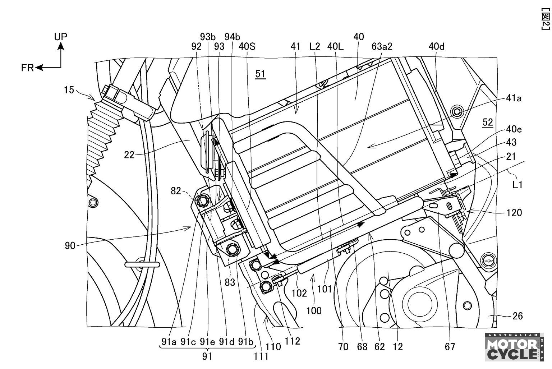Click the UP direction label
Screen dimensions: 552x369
[60, 37]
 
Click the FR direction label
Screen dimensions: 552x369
[27, 68]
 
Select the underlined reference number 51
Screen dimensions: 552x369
[260, 74]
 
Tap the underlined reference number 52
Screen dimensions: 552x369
[487, 123]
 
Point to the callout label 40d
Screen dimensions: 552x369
[436, 47]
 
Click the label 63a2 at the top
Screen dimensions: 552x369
[382, 47]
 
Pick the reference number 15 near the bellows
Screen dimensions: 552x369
[69, 90]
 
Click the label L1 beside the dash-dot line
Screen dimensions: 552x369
[517, 185]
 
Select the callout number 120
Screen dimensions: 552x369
[514, 212]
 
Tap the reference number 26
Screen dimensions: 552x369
[517, 316]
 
